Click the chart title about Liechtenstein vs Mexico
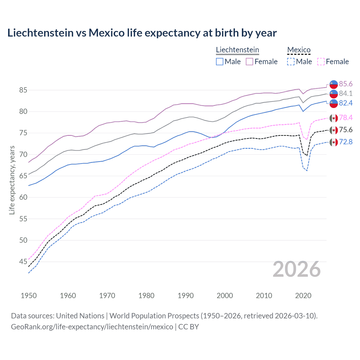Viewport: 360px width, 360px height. point(142,33)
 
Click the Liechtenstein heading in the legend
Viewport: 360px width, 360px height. point(237,50)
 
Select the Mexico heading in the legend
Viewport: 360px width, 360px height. point(299,50)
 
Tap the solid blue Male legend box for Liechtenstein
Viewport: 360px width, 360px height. point(220,62)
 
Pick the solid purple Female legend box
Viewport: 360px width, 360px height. point(249,62)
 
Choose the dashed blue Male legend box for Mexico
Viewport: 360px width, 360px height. point(291,62)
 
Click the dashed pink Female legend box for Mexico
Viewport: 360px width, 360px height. point(321,62)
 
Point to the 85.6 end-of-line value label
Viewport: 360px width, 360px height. point(346,84)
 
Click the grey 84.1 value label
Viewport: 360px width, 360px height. point(346,93)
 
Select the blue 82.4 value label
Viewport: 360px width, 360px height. point(346,103)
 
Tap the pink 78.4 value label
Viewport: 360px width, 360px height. point(346,118)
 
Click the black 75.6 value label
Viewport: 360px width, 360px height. point(346,130)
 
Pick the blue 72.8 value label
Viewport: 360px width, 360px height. point(346,142)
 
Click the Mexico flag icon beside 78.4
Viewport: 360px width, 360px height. point(334,118)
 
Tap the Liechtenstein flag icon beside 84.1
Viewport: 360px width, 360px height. point(334,94)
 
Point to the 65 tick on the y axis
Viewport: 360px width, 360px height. point(23,176)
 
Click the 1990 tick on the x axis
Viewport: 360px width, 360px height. point(186,296)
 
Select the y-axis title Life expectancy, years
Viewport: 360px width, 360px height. point(12,180)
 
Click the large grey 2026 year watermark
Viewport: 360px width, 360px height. point(297,269)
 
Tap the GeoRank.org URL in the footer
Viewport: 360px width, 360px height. point(92,327)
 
